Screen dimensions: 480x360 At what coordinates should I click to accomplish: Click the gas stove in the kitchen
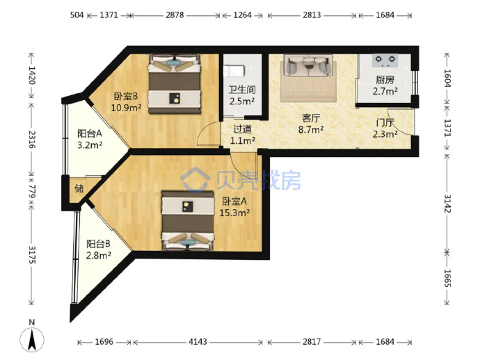(x=385, y=60)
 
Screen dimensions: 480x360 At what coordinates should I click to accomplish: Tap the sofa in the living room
(x=308, y=65)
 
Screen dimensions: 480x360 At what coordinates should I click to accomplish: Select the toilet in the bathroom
(x=234, y=72)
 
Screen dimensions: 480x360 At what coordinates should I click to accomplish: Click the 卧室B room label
(x=126, y=97)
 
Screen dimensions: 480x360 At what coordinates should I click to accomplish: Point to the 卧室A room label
(x=234, y=201)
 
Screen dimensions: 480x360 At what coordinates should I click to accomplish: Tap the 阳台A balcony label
(x=89, y=133)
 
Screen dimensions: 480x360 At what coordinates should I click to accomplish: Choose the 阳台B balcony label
(x=98, y=244)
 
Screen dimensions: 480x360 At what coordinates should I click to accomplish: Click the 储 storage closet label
(x=79, y=188)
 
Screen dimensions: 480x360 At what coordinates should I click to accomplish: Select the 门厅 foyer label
(x=385, y=122)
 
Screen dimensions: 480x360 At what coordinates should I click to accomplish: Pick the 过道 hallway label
(x=243, y=129)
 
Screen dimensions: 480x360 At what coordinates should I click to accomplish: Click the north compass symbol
(x=32, y=336)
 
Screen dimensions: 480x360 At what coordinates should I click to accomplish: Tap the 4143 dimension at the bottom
(x=198, y=342)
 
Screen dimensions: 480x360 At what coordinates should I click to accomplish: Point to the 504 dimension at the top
(x=77, y=15)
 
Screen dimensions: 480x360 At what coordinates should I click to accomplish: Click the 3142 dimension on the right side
(x=447, y=204)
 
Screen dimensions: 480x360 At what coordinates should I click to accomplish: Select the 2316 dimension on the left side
(x=32, y=140)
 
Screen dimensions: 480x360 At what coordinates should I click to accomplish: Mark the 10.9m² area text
(x=126, y=108)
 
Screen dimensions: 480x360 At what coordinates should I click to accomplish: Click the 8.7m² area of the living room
(x=311, y=130)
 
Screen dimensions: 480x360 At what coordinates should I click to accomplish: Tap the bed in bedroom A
(x=188, y=221)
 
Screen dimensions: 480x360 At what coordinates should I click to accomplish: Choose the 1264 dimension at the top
(x=243, y=15)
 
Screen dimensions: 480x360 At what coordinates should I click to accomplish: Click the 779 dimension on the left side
(x=32, y=190)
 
